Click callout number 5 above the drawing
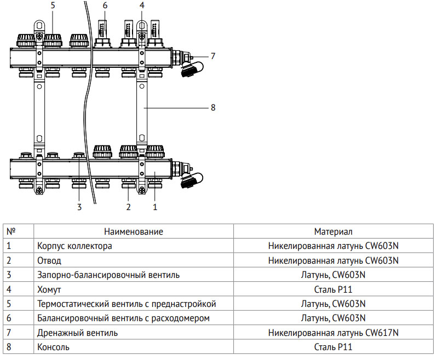[53, 6]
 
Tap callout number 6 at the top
[105, 6]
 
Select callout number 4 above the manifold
[142, 6]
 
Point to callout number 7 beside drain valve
[213, 56]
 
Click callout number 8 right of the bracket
[213, 108]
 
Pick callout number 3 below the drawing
[79, 207]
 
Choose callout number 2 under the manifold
[128, 207]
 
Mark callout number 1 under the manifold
[154, 207]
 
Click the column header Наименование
[134, 232]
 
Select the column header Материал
[333, 232]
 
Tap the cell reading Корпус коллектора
[74, 246]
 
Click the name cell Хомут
[49, 289]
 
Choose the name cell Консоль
[53, 347]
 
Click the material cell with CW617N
[333, 333]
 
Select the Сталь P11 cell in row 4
[333, 289]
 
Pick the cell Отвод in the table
[49, 260]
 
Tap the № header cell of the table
[10, 232]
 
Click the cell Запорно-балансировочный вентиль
[108, 275]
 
